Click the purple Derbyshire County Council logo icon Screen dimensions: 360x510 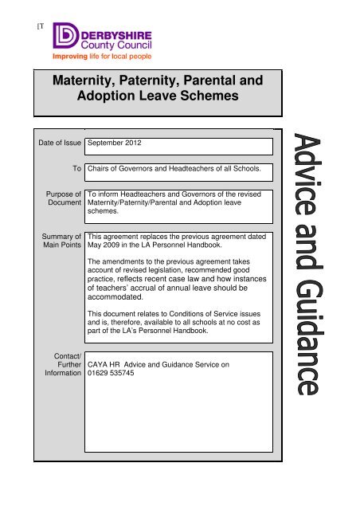65,37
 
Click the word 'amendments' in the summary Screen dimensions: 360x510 127,262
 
